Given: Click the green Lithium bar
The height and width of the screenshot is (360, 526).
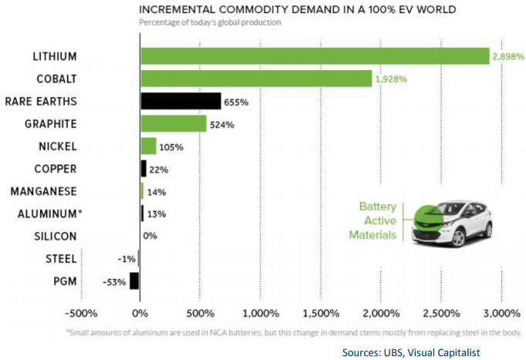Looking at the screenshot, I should (x=315, y=56).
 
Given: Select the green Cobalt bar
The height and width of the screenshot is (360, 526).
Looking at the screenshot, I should (x=256, y=79).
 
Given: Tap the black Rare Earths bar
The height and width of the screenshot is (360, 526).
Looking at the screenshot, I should (x=180, y=101).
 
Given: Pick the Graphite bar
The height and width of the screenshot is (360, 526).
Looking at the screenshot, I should (x=173, y=123).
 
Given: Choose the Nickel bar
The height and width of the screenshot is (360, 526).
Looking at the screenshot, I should (x=148, y=146).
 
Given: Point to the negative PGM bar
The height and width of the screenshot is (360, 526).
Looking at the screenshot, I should (x=134, y=281).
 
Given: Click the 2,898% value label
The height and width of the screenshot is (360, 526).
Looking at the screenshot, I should (x=509, y=56).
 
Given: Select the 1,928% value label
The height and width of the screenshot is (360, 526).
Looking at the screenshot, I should (x=392, y=79).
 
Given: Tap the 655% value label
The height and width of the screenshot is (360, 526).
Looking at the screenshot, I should (x=234, y=101).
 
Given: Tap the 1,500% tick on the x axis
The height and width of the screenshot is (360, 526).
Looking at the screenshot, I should (x=320, y=313).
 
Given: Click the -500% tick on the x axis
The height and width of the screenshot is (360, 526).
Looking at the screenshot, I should (x=80, y=313).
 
